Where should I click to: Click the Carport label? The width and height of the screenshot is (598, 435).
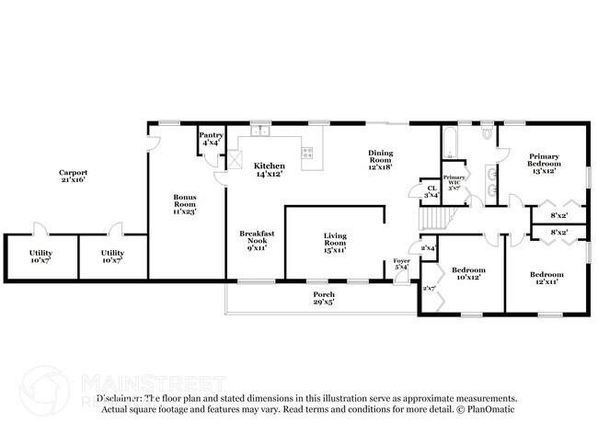[73, 176]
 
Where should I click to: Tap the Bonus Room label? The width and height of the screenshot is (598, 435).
[185, 203]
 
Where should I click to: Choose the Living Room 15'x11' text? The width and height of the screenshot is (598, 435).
[334, 242]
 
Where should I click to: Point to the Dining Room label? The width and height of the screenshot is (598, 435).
[381, 159]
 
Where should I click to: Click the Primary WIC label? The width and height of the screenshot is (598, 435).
[454, 181]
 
